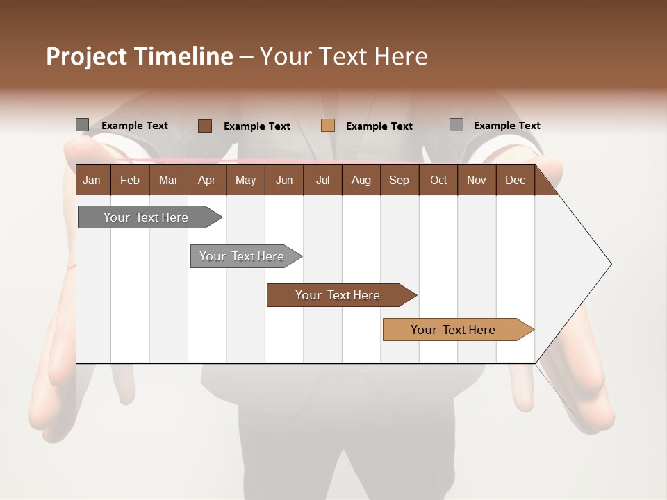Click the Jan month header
(x=92, y=180)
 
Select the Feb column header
(x=130, y=180)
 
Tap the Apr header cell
(x=206, y=180)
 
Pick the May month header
(x=245, y=180)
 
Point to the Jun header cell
(x=284, y=180)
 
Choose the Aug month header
(x=361, y=180)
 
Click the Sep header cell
(x=399, y=180)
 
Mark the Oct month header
(x=438, y=180)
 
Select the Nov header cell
(x=477, y=180)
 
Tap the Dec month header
(x=515, y=180)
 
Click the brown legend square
(x=204, y=126)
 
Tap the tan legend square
(x=328, y=126)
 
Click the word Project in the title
(x=86, y=56)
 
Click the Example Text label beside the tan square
(x=379, y=126)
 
